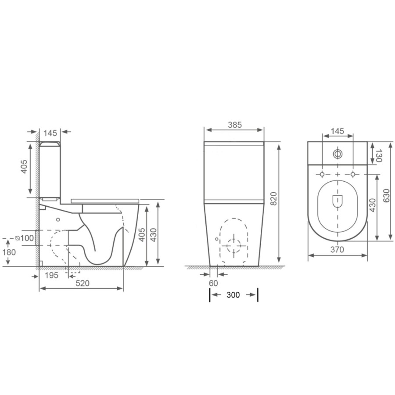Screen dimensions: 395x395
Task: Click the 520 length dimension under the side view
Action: [x=82, y=283]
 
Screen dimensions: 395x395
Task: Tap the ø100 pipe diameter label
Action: [x=25, y=237]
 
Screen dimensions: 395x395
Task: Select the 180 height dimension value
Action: [x=8, y=252]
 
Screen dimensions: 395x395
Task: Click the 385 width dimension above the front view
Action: [x=235, y=125]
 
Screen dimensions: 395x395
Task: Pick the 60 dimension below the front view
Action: [x=213, y=283]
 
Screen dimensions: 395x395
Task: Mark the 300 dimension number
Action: [x=233, y=295]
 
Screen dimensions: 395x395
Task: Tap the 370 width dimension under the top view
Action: [x=337, y=249]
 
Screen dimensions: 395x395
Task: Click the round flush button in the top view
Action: [x=338, y=154]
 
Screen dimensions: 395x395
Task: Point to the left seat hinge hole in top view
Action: [x=322, y=175]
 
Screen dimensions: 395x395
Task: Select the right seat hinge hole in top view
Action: [x=353, y=175]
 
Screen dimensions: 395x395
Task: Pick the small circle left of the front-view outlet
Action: [x=217, y=239]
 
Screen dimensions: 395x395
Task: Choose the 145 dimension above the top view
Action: [x=337, y=132]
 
